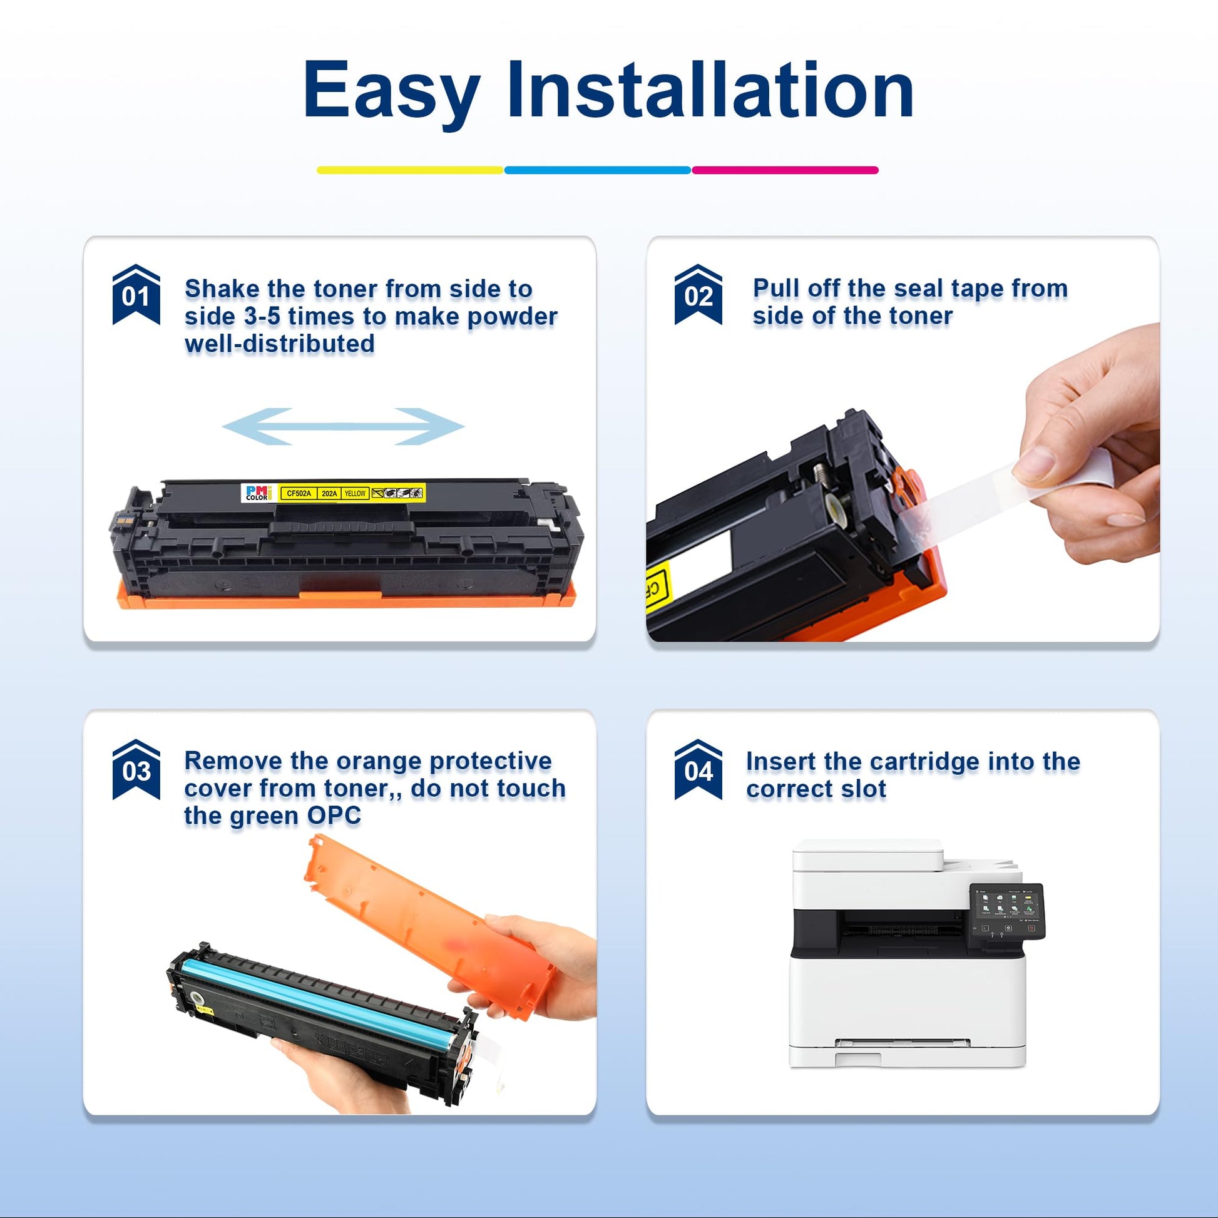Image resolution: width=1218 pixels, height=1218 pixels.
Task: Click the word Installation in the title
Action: point(711,90)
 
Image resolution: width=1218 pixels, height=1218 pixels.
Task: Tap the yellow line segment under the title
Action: point(410,170)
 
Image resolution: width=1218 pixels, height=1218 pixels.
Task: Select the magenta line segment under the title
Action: point(785,170)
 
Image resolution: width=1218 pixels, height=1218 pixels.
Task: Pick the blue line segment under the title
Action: point(598,170)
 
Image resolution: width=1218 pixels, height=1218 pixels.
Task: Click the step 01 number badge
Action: point(136,294)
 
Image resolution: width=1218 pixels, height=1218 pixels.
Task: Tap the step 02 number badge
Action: point(698,294)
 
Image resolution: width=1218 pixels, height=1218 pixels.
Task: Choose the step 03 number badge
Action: point(136,769)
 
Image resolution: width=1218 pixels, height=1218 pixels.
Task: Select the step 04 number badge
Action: point(698,769)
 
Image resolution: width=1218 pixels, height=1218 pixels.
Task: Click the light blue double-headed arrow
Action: point(344,427)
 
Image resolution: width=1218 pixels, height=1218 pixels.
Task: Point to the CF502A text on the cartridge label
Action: point(299,494)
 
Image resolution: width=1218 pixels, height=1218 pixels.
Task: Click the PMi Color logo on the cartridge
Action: point(257,493)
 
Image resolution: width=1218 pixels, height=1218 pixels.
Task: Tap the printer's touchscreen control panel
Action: point(1007,909)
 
